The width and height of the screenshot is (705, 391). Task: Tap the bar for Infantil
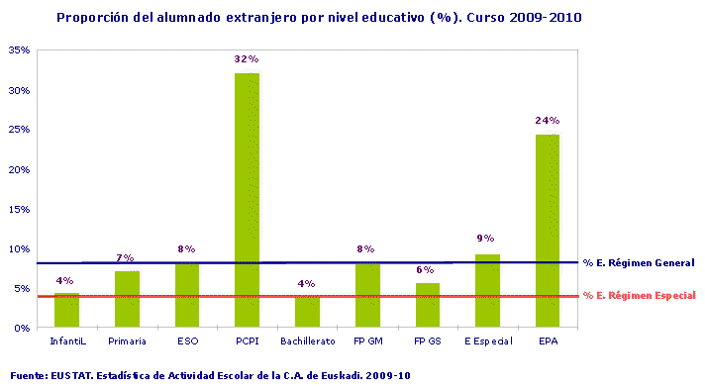[66, 311]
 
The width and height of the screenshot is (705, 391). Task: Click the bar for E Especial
[487, 291]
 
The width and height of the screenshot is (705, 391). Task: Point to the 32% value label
[247, 59]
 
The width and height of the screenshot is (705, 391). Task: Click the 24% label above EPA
[548, 121]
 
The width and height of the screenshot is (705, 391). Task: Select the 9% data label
[486, 239]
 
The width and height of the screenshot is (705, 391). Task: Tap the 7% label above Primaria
[126, 257]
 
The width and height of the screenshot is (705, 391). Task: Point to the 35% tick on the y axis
[19, 50]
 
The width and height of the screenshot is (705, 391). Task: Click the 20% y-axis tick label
[19, 169]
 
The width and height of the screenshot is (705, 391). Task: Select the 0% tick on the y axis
[22, 328]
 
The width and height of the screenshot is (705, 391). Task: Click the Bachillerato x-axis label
[307, 342]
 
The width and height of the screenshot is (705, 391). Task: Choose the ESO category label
[186, 342]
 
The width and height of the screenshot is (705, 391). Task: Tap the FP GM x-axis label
[367, 342]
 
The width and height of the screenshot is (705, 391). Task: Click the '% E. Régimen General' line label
[639, 263]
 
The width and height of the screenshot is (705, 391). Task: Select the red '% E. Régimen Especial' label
[640, 295]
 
